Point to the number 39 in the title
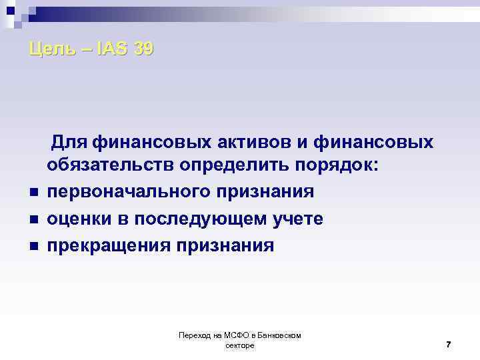[x=143, y=49]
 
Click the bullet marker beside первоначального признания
[x=33, y=193]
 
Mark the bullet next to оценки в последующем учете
[x=33, y=220]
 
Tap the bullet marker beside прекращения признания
[x=33, y=247]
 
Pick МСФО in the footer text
[x=232, y=335]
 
